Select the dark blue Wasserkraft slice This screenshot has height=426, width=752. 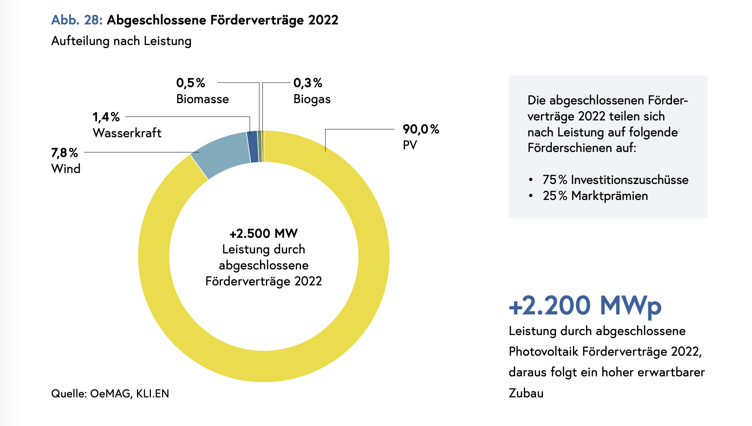tap(253, 147)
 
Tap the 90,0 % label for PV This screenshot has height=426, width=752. tap(421, 129)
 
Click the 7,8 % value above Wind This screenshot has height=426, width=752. tap(64, 153)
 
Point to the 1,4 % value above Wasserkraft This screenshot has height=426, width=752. tap(106, 117)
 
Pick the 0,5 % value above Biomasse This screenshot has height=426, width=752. tap(191, 83)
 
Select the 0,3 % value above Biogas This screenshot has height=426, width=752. tap(308, 83)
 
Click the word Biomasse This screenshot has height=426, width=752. tap(202, 99)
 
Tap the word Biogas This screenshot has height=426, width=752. tap(312, 99)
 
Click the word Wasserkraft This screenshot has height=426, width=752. tap(127, 133)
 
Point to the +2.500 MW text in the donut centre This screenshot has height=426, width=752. tap(263, 234)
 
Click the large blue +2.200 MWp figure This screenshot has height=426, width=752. tap(585, 306)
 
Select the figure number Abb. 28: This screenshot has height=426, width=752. tap(77, 20)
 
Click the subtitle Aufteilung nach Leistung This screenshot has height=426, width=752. tap(121, 41)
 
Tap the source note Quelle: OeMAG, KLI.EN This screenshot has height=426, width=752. tap(110, 394)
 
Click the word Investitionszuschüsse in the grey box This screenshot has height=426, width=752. tap(629, 180)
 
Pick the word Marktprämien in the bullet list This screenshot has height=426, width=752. tap(610, 196)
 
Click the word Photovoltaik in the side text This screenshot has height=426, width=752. tap(543, 351)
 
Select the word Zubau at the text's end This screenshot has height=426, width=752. tap(526, 393)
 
